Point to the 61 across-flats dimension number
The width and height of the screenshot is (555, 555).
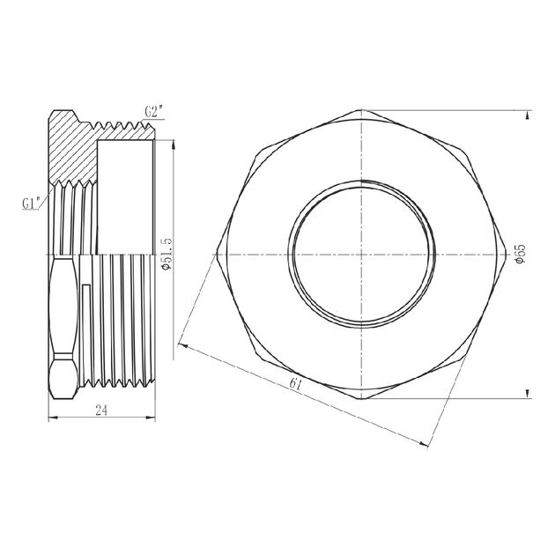[x=300, y=385]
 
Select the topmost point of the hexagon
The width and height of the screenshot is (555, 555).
[x=360, y=110]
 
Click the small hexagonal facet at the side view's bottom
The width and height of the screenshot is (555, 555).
[x=60, y=375]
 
